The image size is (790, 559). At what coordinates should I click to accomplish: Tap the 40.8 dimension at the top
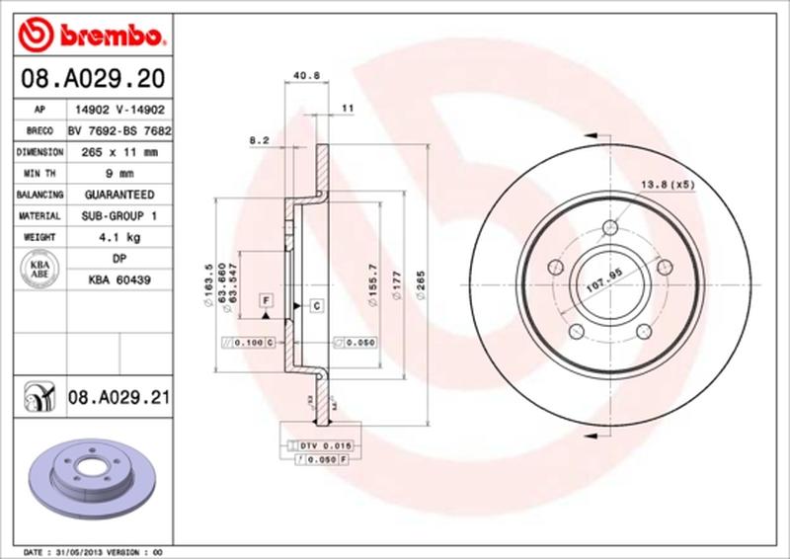(304, 72)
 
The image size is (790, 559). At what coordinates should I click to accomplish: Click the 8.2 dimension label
(261, 141)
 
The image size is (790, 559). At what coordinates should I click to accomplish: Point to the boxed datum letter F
(266, 299)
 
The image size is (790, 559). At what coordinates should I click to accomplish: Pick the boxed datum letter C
(317, 305)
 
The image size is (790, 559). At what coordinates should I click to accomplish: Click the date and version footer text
(91, 551)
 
